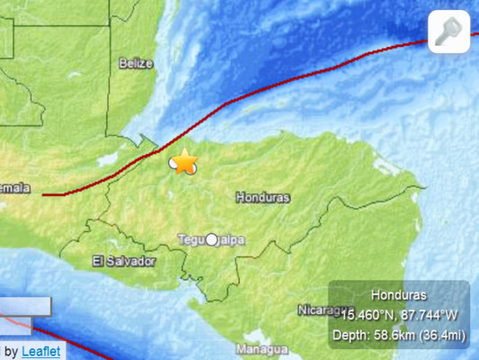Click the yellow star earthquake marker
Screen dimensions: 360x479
pyautogui.click(x=185, y=161)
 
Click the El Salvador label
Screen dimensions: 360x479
pyautogui.click(x=124, y=261)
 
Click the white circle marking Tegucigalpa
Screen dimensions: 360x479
pyautogui.click(x=212, y=239)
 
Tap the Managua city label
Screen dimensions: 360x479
pyautogui.click(x=262, y=348)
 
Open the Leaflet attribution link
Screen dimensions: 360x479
pyautogui.click(x=41, y=351)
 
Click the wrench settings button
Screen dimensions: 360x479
pyautogui.click(x=447, y=32)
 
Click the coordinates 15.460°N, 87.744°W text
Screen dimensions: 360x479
pyautogui.click(x=398, y=314)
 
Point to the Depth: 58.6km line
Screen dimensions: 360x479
pyautogui.click(x=398, y=334)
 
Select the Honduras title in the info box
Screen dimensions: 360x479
pyautogui.click(x=398, y=294)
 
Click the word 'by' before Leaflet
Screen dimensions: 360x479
pyautogui.click(x=11, y=351)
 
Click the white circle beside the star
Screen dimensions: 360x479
pyautogui.click(x=175, y=164)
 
